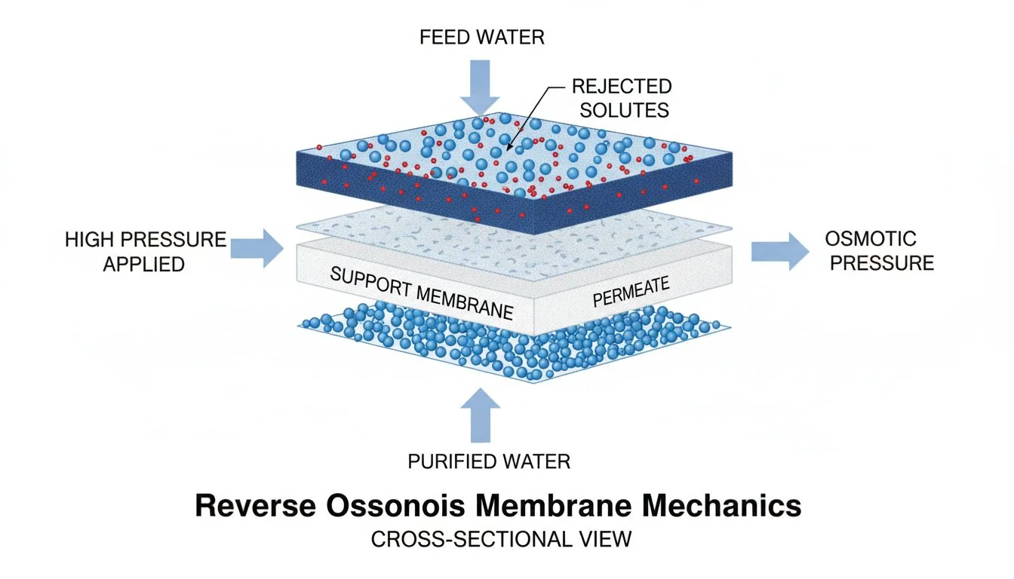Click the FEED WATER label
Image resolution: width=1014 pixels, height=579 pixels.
click(481, 37)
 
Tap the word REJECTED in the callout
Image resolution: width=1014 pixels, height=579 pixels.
click(621, 87)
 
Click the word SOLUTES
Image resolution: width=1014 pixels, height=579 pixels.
click(620, 110)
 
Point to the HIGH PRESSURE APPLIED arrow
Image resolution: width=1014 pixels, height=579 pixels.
click(257, 249)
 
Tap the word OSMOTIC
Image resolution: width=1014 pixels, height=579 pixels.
click(871, 240)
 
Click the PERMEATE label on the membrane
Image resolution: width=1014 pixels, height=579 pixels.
click(631, 293)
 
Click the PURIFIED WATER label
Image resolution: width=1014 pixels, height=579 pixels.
click(489, 461)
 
